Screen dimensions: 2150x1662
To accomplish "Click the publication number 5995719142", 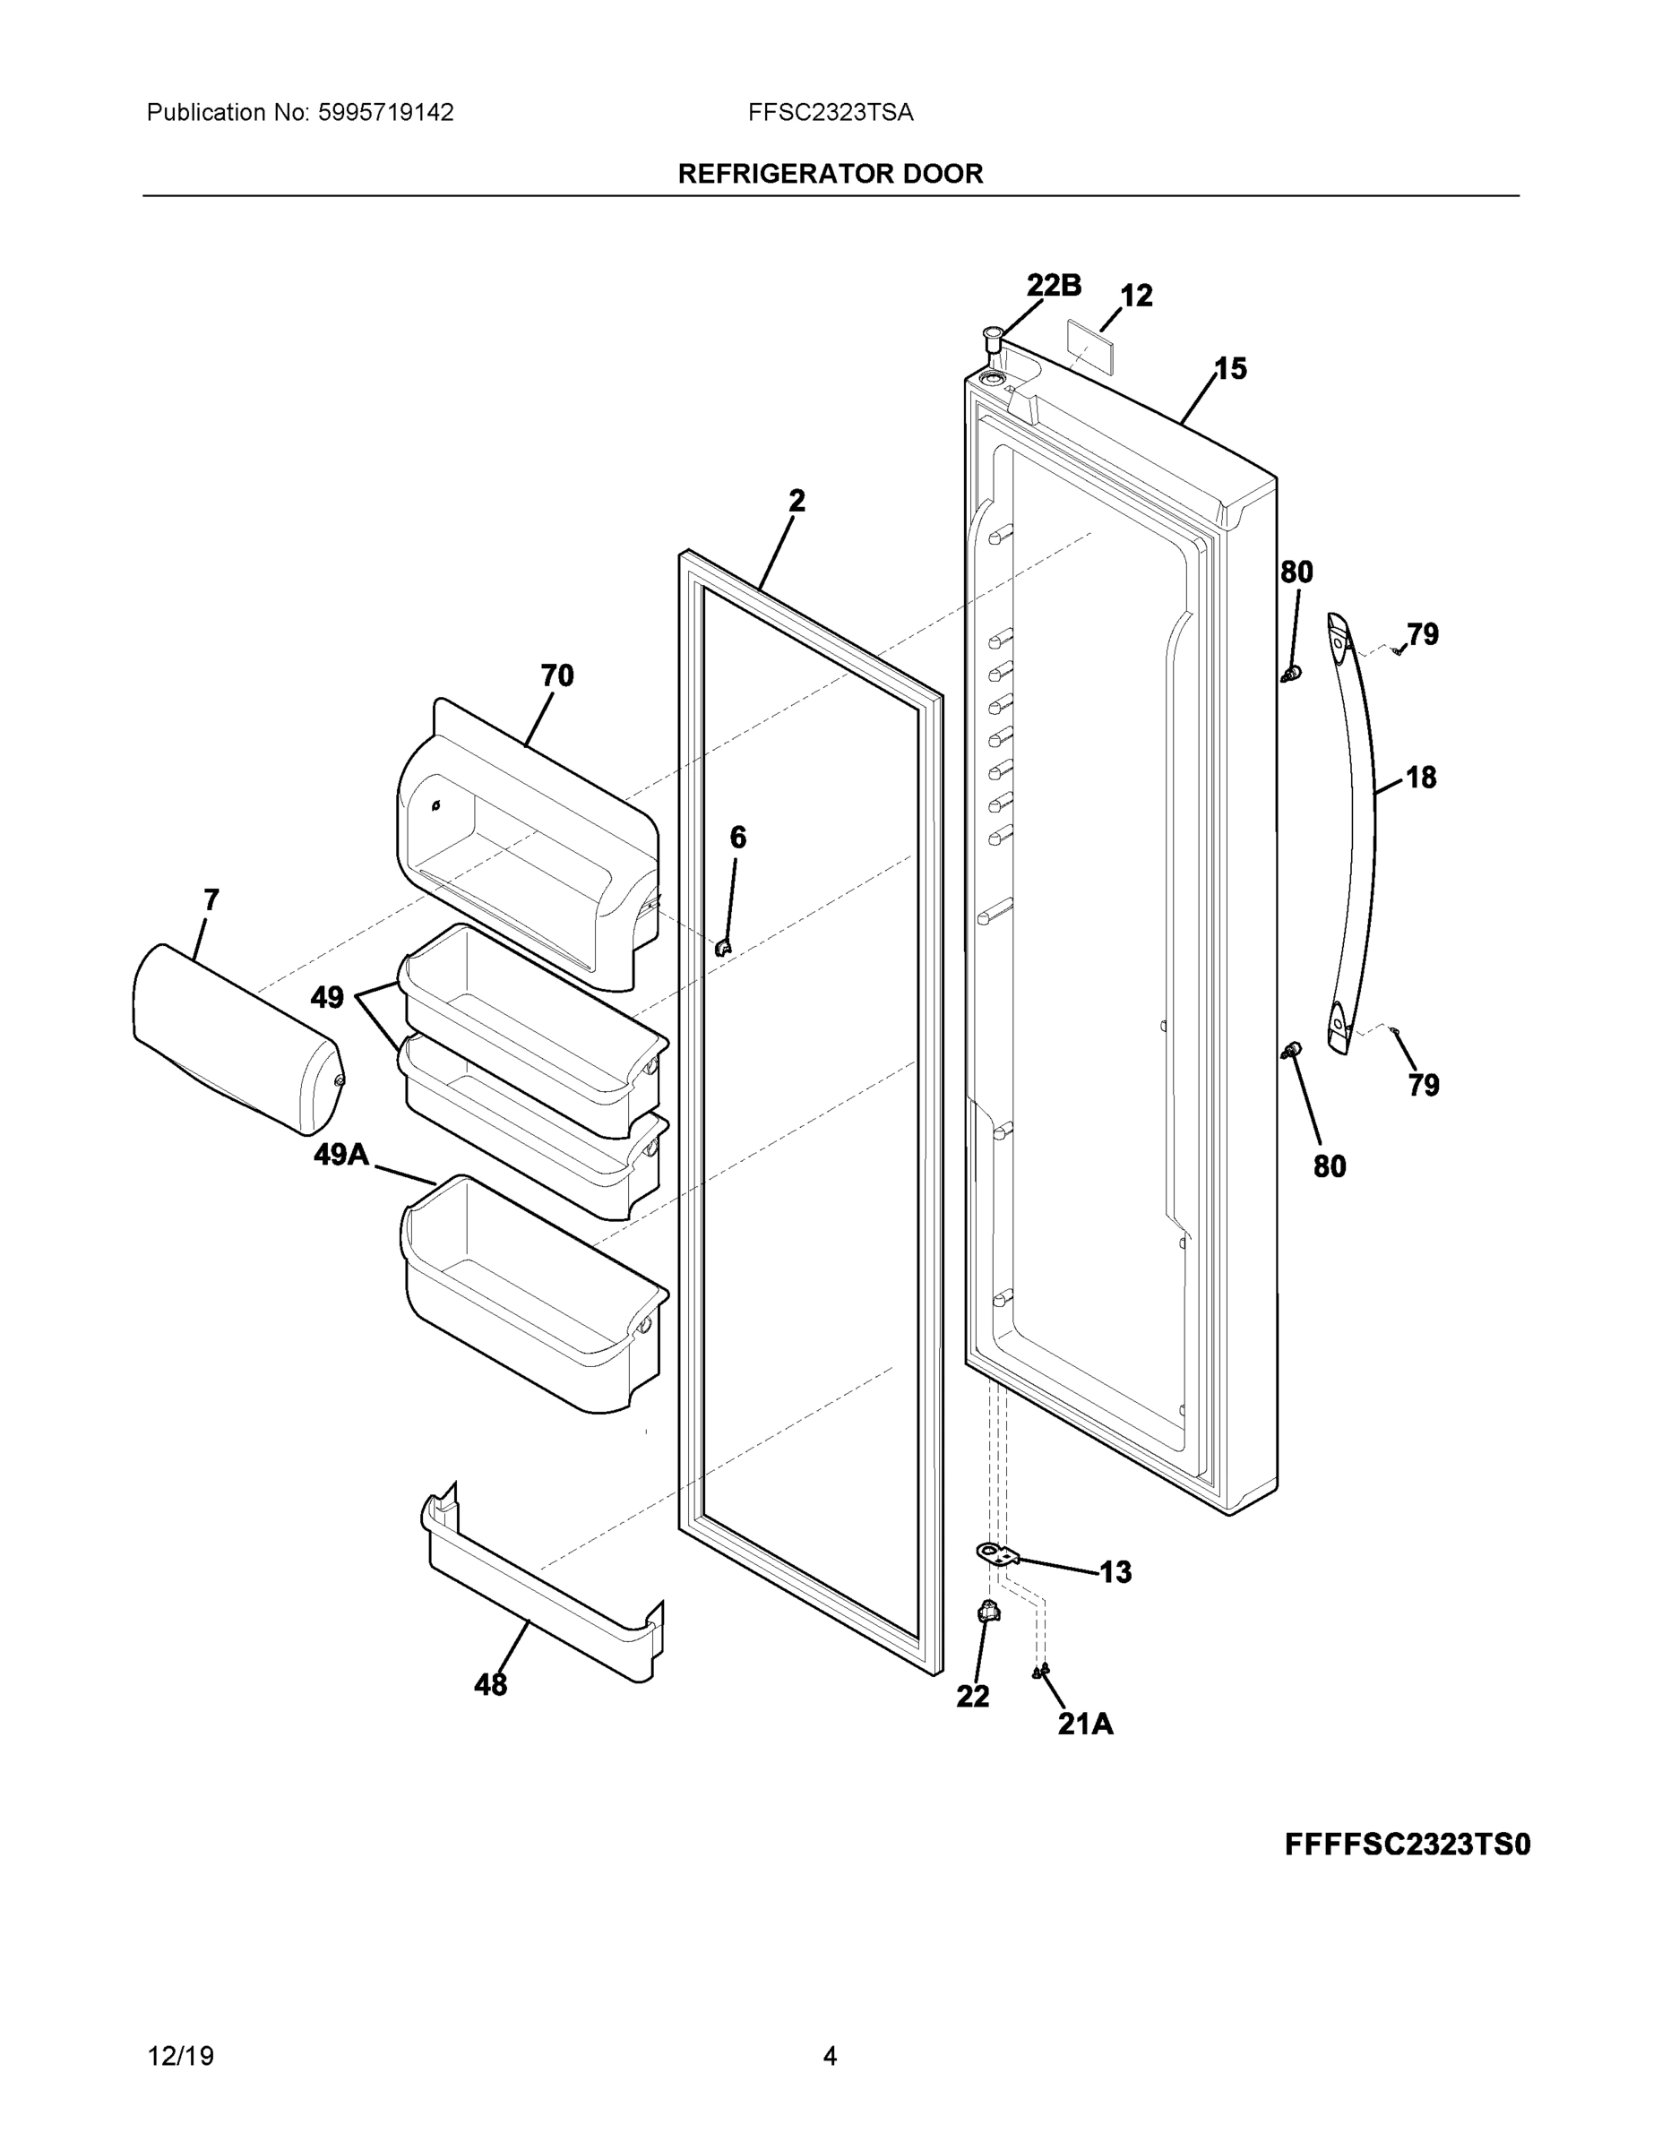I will pyautogui.click(x=385, y=113).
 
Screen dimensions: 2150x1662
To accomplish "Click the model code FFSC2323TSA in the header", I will pyautogui.click(x=830, y=113).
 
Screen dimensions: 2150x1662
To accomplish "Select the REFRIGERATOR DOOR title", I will pyautogui.click(x=830, y=175).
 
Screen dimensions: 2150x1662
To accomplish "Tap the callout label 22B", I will pyautogui.click(x=1054, y=286).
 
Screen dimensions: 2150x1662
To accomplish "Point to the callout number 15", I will pyautogui.click(x=1230, y=369).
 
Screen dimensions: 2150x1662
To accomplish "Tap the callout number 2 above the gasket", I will pyautogui.click(x=797, y=501).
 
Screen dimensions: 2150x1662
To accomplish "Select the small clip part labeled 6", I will pyautogui.click(x=724, y=947).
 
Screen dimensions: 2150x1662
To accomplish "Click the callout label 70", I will pyautogui.click(x=556, y=675).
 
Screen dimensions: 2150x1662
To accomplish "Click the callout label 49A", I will pyautogui.click(x=340, y=1154).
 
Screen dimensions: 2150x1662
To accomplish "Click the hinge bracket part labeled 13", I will pyautogui.click(x=996, y=1553).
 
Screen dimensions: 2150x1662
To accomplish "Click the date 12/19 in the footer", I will pyautogui.click(x=180, y=2057).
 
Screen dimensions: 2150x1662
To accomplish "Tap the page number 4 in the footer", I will pyautogui.click(x=830, y=2057).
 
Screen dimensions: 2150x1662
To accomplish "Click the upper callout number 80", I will pyautogui.click(x=1296, y=572).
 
